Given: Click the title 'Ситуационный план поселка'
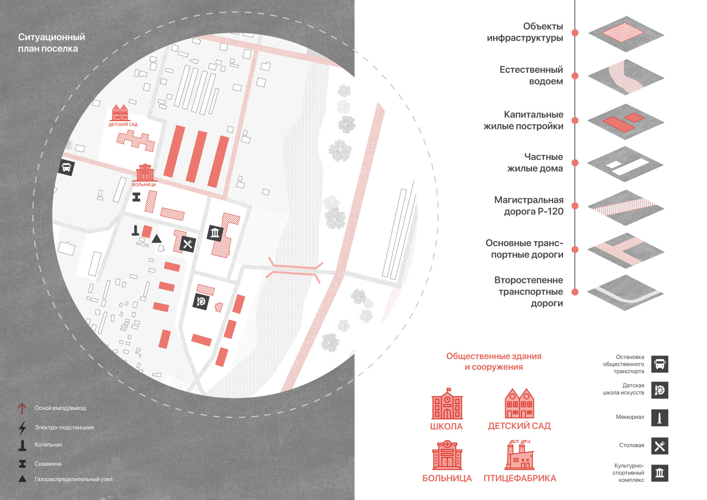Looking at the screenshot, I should (51, 43).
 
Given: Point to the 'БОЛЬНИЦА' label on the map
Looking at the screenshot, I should (144, 185).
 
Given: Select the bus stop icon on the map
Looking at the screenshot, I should (66, 168).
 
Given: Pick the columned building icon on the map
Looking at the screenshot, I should (215, 233).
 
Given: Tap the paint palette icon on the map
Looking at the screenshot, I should (201, 301).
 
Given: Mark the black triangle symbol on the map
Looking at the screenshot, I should (156, 239).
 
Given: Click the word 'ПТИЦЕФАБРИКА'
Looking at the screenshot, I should (520, 478).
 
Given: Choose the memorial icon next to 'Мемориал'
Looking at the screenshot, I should (660, 417).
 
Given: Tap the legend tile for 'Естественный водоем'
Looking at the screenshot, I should (626, 77).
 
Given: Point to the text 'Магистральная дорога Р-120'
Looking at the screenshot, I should (529, 206).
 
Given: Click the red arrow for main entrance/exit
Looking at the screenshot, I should (22, 408).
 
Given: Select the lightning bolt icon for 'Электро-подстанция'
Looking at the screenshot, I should (22, 428).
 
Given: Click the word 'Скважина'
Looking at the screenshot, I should (48, 464).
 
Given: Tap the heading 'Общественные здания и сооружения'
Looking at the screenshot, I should (494, 362).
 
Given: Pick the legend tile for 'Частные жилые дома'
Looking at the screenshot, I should (626, 164).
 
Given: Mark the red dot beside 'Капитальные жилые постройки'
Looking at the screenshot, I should (575, 121).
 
